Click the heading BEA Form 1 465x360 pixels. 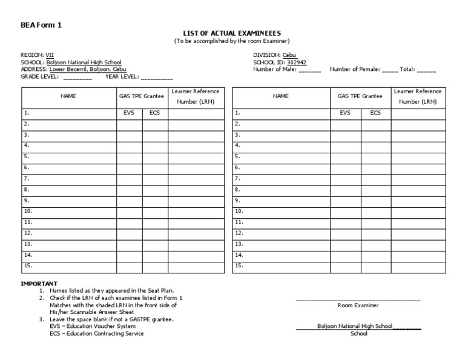coord(41,25)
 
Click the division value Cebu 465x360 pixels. coord(290,55)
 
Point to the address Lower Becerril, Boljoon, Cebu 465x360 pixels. coord(88,70)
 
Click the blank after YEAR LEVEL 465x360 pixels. coord(157,78)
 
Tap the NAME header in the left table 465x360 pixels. coord(68,96)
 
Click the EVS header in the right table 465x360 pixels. coord(345,113)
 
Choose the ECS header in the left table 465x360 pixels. coord(154,113)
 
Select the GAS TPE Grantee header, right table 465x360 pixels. coord(360,96)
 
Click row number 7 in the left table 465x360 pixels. coord(27,179)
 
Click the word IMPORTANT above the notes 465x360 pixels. coord(39,284)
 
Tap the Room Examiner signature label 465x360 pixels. coord(358,305)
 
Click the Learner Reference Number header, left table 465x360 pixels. coord(196,96)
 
